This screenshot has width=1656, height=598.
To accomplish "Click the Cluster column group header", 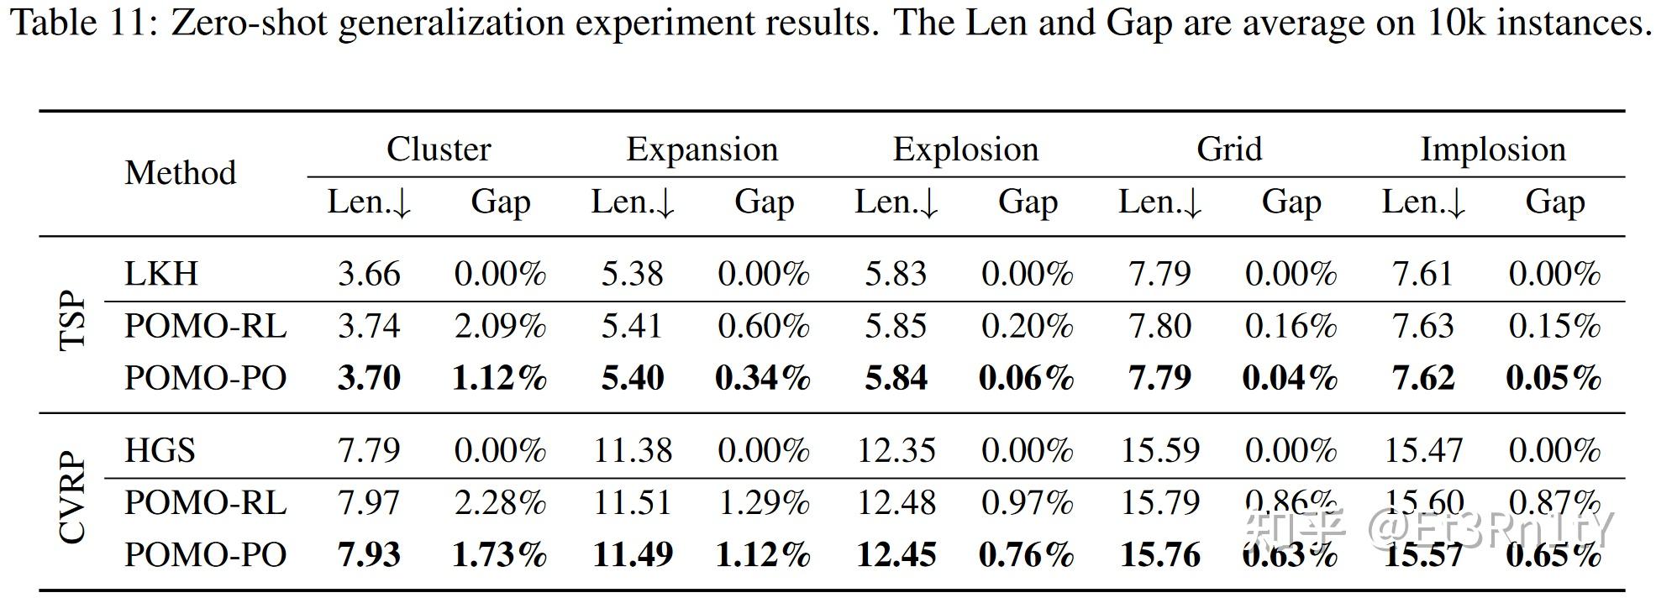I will click(438, 149).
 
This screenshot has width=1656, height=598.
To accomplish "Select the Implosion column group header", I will click(1492, 149).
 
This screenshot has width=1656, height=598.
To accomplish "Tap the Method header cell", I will click(180, 173).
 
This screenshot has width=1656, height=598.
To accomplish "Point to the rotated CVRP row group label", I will click(74, 499).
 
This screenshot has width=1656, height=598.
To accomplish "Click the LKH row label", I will click(160, 274).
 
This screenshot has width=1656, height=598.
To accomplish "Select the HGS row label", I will click(160, 451).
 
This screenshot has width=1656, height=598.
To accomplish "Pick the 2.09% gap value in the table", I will click(500, 327).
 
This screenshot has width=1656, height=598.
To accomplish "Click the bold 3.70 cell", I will click(369, 378).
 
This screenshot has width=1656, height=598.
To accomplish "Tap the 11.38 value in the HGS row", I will click(633, 451).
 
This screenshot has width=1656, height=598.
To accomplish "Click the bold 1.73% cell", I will click(500, 555).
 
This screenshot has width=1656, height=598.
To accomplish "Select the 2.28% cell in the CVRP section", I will click(500, 503).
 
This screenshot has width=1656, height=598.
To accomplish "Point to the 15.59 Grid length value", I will click(1159, 451).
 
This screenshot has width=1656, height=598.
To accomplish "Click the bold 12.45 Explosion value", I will click(896, 555).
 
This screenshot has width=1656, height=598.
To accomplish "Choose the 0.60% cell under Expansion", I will click(763, 327).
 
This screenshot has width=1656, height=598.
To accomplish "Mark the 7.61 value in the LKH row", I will click(1422, 274).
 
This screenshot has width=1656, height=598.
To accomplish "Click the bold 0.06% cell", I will click(1026, 378).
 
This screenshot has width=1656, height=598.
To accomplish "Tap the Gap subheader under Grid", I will click(1291, 202).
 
